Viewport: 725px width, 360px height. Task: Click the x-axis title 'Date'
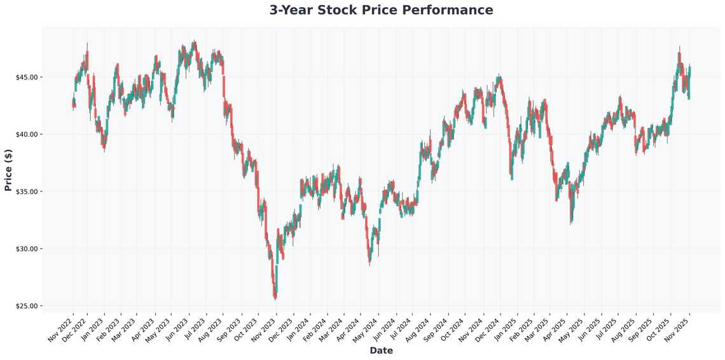[381, 350]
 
